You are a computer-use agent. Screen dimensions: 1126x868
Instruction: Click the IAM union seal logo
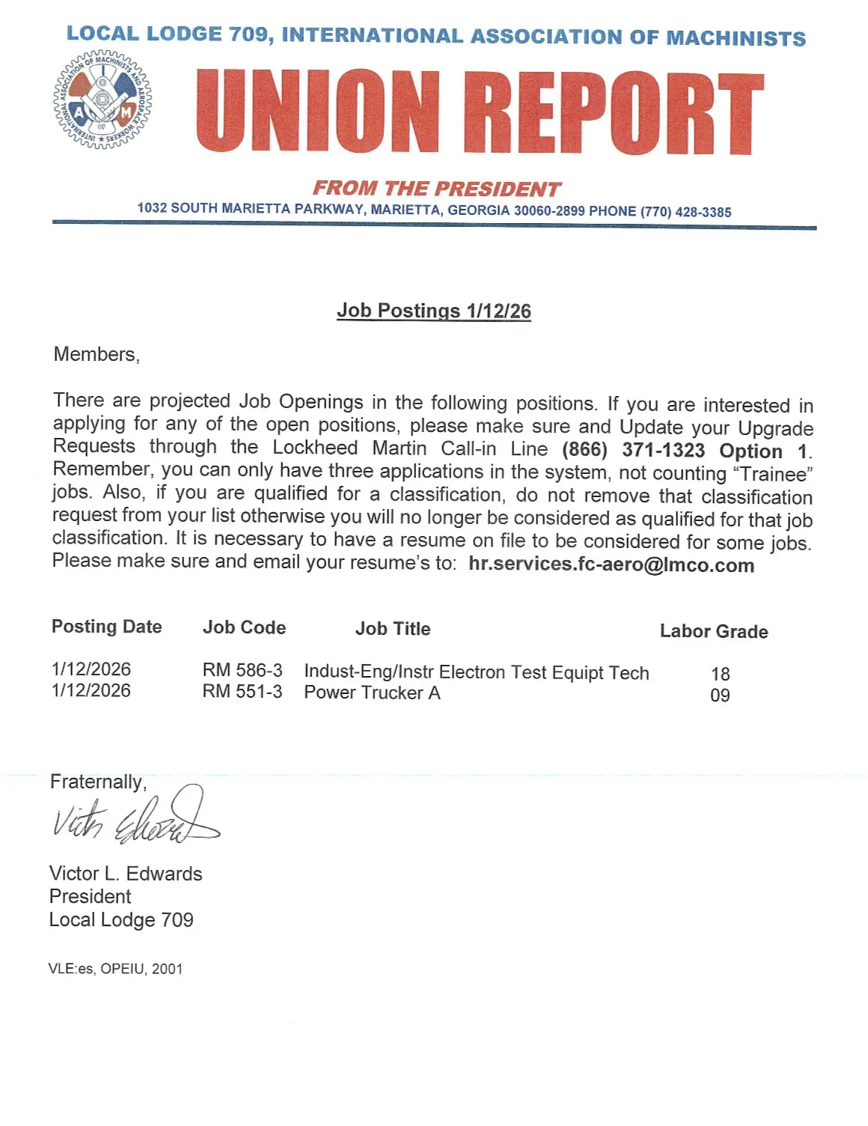[x=103, y=100]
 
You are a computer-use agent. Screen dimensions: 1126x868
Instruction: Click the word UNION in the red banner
[x=318, y=111]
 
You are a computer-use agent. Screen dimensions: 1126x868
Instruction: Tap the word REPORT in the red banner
[x=613, y=113]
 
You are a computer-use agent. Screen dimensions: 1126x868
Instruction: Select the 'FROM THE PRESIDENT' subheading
[x=436, y=188]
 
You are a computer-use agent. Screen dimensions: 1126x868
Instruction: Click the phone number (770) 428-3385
[x=685, y=212]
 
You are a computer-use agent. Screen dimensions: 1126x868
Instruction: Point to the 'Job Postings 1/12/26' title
[x=434, y=311]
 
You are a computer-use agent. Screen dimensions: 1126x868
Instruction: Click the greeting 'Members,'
[x=97, y=354]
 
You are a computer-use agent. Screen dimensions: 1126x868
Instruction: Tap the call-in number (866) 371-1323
[x=633, y=450]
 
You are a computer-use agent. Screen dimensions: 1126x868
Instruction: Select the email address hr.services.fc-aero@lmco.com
[x=611, y=564]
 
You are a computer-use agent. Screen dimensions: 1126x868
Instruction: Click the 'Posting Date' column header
[x=106, y=627]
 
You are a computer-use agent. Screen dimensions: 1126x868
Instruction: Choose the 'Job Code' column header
[x=244, y=627]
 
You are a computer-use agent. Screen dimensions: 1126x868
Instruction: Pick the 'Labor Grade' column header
[x=713, y=631]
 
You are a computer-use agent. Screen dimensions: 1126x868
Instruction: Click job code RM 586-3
[x=242, y=670]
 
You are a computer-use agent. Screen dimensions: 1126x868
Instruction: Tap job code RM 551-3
[x=242, y=691]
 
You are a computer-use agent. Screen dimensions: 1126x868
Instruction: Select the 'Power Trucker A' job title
[x=372, y=693]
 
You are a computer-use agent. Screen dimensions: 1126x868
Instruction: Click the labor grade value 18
[x=720, y=674]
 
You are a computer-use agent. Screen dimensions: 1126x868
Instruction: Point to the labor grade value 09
[x=720, y=696]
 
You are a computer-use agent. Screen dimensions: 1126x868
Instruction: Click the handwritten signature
[x=135, y=817]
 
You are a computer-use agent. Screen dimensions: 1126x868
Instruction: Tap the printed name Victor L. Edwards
[x=126, y=874]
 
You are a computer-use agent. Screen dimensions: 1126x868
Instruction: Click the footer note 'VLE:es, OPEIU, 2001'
[x=115, y=969]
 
